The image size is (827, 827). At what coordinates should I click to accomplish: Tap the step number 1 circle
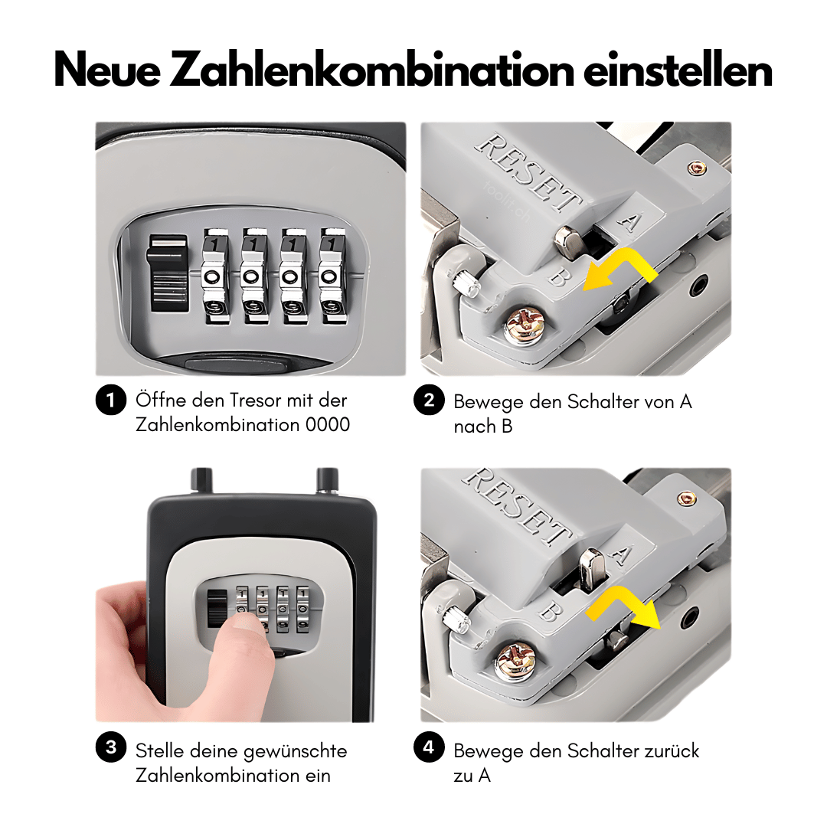(x=111, y=400)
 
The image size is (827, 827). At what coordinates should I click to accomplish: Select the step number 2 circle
(x=429, y=400)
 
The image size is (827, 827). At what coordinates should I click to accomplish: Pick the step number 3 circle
(x=111, y=747)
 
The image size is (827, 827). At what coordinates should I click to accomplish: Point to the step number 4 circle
(x=429, y=747)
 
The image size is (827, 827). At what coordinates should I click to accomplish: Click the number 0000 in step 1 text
(x=328, y=424)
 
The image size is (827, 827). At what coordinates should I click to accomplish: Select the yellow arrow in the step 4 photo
(x=623, y=606)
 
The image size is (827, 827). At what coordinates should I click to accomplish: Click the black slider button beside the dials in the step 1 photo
(x=168, y=273)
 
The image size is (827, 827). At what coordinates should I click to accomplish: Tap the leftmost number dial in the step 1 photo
(x=215, y=276)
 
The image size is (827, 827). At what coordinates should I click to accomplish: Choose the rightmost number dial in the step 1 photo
(x=332, y=276)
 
